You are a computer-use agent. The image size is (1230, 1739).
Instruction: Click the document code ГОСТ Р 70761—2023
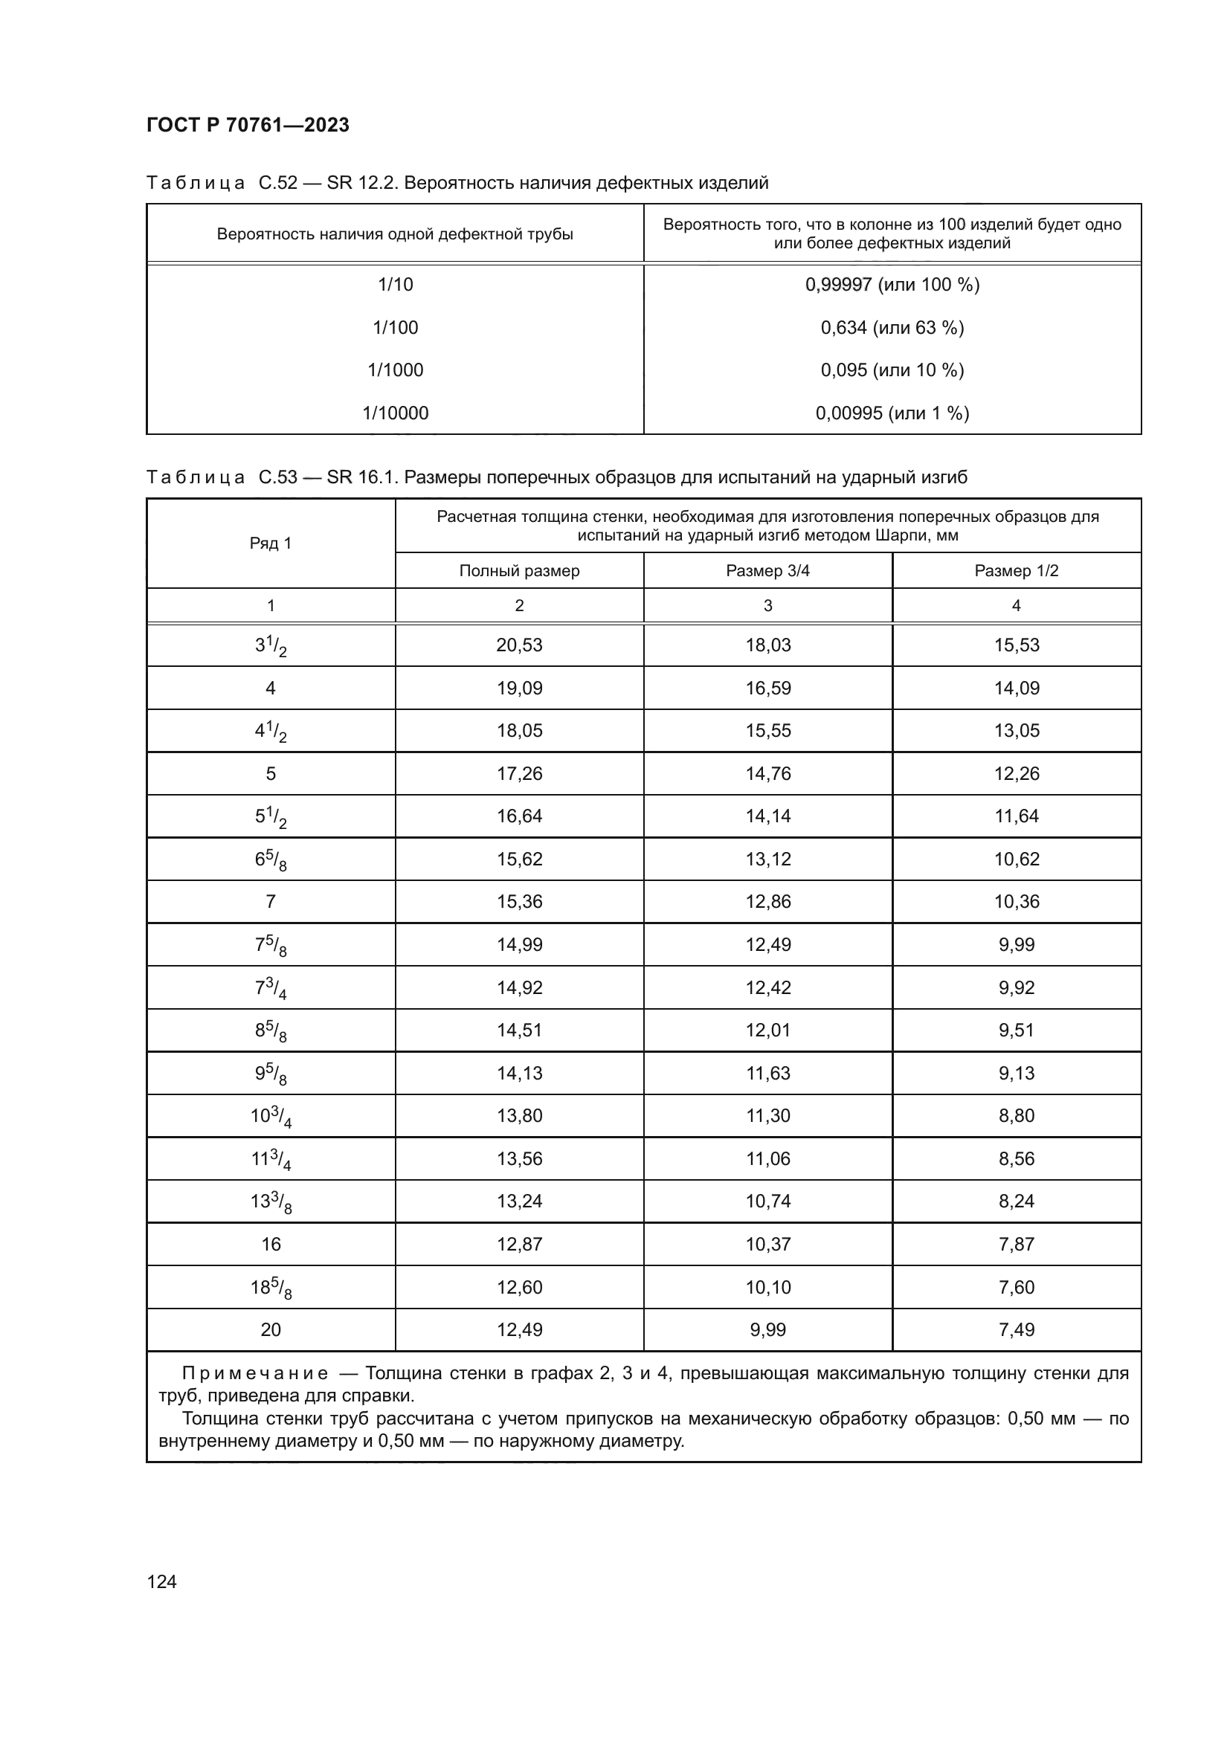coord(248,125)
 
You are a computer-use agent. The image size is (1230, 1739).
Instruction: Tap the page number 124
coord(161,1581)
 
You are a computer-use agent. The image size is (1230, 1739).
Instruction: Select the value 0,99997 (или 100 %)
coord(892,285)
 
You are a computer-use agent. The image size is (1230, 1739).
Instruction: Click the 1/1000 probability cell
coord(396,370)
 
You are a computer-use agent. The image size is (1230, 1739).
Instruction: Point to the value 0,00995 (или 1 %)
coord(892,413)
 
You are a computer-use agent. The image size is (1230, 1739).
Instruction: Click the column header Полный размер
coord(519,571)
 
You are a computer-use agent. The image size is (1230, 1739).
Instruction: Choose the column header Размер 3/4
coord(767,571)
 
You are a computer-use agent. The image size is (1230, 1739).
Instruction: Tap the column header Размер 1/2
coord(1017,571)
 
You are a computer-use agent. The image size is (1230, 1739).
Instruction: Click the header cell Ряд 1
coord(271,543)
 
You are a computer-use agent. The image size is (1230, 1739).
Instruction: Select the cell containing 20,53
coord(519,645)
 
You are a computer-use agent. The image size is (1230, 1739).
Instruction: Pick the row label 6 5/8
coord(271,859)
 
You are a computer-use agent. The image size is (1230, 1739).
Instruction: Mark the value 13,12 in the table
coord(767,859)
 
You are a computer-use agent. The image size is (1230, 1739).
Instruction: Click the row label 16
coord(271,1245)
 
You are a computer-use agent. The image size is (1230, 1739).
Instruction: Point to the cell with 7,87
coord(1017,1245)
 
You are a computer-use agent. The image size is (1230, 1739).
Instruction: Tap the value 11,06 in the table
coord(767,1159)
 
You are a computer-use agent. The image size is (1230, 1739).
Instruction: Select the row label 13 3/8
coord(271,1202)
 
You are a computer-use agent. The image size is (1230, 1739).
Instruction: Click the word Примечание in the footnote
coord(255,1373)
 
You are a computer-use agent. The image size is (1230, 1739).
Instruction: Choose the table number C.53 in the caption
coord(278,477)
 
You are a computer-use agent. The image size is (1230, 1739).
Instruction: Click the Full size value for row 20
coord(519,1330)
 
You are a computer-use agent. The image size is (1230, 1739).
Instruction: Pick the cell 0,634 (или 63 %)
coord(892,328)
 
